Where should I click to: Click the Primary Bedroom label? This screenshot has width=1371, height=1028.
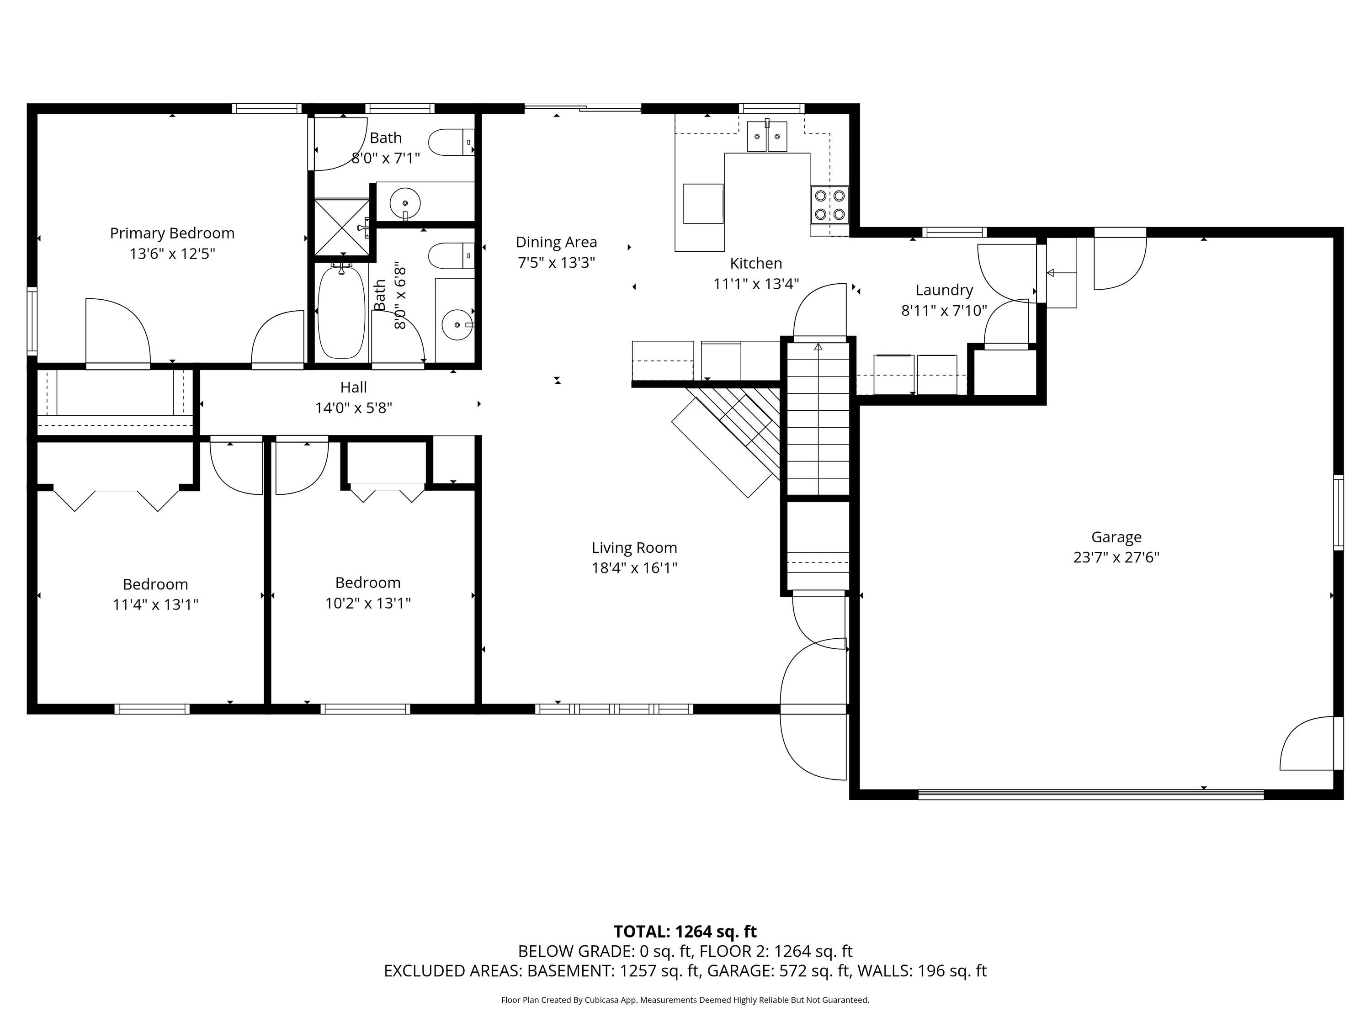[x=172, y=233]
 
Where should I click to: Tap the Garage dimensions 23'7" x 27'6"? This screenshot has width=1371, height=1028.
[x=1116, y=557]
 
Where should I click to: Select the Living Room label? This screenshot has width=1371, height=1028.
[x=634, y=548]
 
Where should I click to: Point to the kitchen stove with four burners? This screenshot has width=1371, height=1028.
[x=830, y=205]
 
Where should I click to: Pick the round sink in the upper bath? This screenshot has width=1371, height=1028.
[x=405, y=202]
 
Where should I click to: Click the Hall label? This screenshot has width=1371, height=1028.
[x=353, y=387]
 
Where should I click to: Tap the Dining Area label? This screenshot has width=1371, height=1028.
[x=557, y=242]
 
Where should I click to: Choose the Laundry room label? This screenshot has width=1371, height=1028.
[x=944, y=290]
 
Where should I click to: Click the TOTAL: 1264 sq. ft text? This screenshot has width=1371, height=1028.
[x=685, y=931]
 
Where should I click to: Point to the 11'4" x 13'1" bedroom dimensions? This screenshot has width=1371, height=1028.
[x=155, y=604]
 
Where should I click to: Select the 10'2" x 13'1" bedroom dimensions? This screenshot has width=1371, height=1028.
[x=368, y=603]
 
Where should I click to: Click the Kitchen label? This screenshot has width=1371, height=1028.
[x=756, y=263]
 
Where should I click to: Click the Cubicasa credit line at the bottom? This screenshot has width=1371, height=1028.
[x=685, y=1000]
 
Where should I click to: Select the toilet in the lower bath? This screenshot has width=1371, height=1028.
[x=451, y=256]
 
